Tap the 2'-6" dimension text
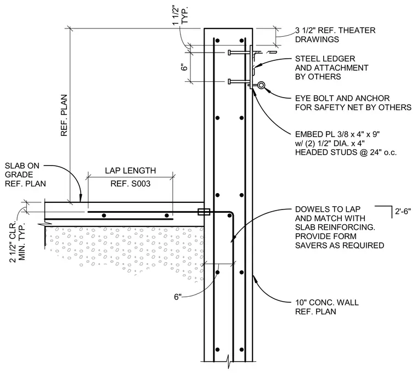pyautogui.click(x=403, y=212)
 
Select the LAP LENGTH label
pyautogui.click(x=131, y=171)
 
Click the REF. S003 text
pyautogui.click(x=131, y=183)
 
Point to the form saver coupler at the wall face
pyautogui.click(x=204, y=212)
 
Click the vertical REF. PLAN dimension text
pyautogui.click(x=64, y=115)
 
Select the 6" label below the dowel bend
pyautogui.click(x=178, y=297)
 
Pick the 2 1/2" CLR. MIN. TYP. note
pyautogui.click(x=18, y=241)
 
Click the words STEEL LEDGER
pyautogui.click(x=325, y=59)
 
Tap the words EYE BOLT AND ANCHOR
pyautogui.click(x=342, y=98)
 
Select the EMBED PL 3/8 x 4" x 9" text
pyautogui.click(x=337, y=134)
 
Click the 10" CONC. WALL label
pyautogui.click(x=327, y=302)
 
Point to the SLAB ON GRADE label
pyautogui.click(x=22, y=170)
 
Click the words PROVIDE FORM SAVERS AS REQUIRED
pyautogui.click(x=340, y=241)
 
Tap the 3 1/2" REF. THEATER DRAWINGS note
pyautogui.click(x=335, y=35)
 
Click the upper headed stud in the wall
pyautogui.click(x=239, y=53)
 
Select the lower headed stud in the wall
pyautogui.click(x=239, y=82)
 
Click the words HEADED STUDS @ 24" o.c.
pyautogui.click(x=346, y=152)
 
